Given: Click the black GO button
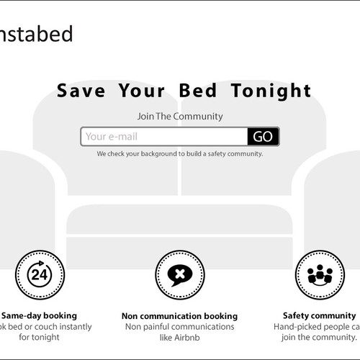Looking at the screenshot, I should (x=263, y=137).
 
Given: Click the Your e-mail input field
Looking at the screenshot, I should (x=164, y=137).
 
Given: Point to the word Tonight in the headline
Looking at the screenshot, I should (x=271, y=91).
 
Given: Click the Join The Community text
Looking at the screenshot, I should (x=180, y=116).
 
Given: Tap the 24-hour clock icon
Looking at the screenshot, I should (x=40, y=274).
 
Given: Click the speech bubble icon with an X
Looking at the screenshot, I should (x=179, y=274).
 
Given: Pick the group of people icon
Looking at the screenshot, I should (x=318, y=274).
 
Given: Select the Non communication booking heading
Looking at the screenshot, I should (x=179, y=316).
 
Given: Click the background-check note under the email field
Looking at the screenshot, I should (x=180, y=153).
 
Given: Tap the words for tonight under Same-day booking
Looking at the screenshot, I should (x=40, y=337).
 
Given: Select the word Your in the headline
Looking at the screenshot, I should (x=135, y=91).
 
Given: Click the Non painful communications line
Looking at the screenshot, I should (x=179, y=327).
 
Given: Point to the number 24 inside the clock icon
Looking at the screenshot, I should (x=40, y=276).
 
